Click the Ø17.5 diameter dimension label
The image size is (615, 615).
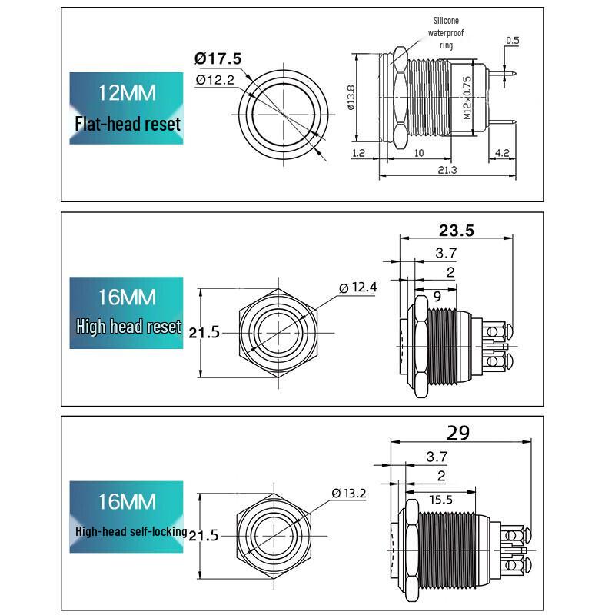tap(218, 59)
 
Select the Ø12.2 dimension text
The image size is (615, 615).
tap(215, 80)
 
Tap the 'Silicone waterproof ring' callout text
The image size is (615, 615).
tap(446, 32)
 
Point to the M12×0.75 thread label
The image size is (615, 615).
tap(467, 98)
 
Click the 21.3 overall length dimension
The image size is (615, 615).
tap(447, 170)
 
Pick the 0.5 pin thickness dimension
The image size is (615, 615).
tap(512, 41)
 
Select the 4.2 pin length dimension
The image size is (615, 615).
tap(502, 152)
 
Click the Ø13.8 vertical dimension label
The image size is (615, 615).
tap(351, 98)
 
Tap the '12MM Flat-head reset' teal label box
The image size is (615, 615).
tap(126, 108)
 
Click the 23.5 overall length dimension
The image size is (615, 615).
tap(456, 230)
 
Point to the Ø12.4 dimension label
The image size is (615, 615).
tap(357, 287)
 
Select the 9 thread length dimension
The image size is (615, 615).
tap(437, 297)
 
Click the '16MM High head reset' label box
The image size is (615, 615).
tap(126, 313)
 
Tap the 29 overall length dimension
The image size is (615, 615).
tap(457, 433)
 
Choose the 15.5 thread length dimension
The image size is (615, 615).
tap(440, 500)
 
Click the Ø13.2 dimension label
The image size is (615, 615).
tap(349, 493)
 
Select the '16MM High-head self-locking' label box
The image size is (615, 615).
tap(126, 517)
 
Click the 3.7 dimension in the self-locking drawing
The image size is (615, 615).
tap(437, 457)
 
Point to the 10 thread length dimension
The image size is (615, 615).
tap(419, 153)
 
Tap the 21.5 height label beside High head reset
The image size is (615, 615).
tap(204, 333)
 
